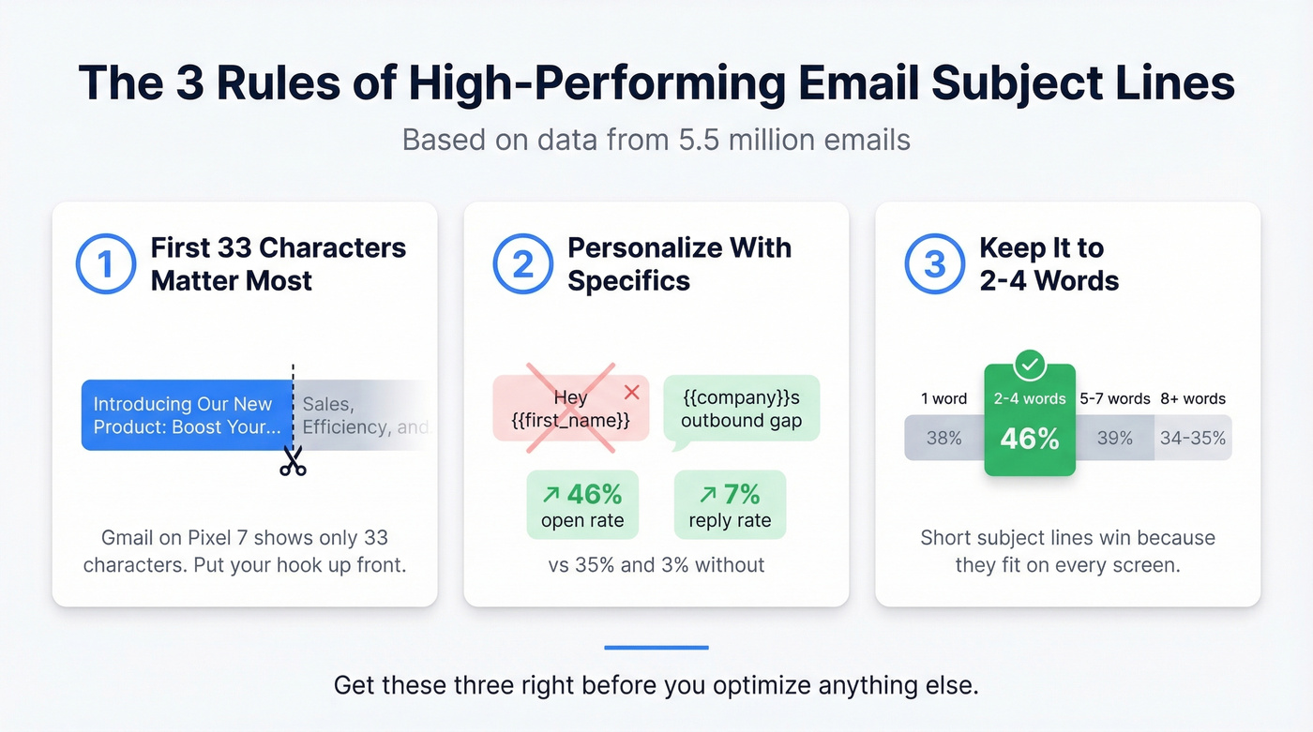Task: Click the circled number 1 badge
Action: (x=106, y=264)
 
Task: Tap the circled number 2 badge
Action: (x=523, y=264)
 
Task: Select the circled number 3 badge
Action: (x=935, y=264)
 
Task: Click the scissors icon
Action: (x=293, y=460)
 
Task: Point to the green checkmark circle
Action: (x=1030, y=366)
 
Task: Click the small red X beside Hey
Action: (x=631, y=392)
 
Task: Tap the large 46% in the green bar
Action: (x=1029, y=438)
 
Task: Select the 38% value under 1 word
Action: (x=943, y=438)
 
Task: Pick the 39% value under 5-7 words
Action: (x=1114, y=438)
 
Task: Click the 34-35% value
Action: (x=1193, y=438)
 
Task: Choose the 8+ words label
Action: (x=1193, y=398)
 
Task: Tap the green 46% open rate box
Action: (x=582, y=504)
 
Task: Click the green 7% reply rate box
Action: (x=730, y=504)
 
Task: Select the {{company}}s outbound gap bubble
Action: (x=741, y=410)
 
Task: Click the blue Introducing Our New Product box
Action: (x=187, y=415)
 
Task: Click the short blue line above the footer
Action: (x=656, y=648)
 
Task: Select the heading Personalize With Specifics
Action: (x=679, y=264)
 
